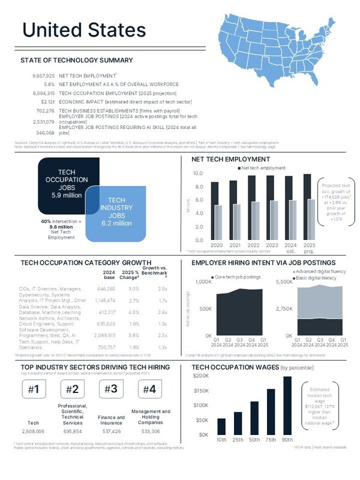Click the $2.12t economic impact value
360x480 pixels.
click(47, 103)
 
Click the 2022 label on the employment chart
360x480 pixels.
click(253, 246)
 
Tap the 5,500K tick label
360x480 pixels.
click(283, 282)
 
